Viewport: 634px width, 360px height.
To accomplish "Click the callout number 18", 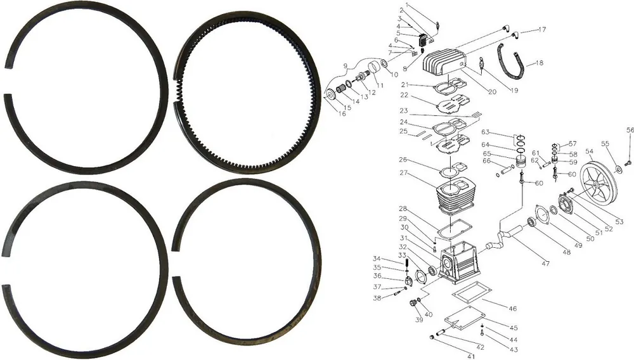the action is click(x=540, y=63).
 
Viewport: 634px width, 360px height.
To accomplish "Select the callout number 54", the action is click(x=590, y=152).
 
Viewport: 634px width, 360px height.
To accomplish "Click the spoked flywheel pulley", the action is click(x=597, y=184).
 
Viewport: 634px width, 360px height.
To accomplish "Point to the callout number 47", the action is click(x=546, y=264).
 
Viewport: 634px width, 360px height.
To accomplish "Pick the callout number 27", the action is click(x=404, y=173).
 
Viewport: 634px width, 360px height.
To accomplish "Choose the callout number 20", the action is click(x=492, y=92).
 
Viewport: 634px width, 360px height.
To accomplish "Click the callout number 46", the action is click(x=512, y=308).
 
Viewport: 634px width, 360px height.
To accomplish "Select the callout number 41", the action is click(x=471, y=356).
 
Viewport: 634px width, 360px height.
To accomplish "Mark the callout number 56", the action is click(x=630, y=130).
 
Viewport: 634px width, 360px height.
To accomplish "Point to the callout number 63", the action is click(x=485, y=132).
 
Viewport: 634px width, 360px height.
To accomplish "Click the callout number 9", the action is click(x=346, y=66).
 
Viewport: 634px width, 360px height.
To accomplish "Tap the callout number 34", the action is click(x=377, y=259).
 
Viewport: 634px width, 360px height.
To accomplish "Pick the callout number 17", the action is click(x=542, y=29).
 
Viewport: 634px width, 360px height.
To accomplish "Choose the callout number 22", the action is click(x=404, y=95).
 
